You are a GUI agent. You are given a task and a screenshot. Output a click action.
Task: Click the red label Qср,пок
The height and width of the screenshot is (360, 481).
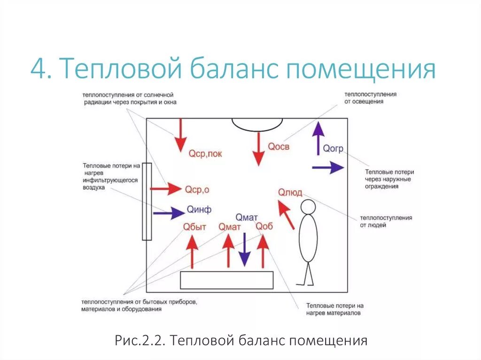pyautogui.click(x=205, y=153)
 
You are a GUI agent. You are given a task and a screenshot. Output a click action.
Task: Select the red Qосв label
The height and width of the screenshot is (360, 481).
pyautogui.click(x=279, y=147)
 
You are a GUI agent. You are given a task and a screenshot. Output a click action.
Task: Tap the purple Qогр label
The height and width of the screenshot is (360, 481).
pyautogui.click(x=333, y=149)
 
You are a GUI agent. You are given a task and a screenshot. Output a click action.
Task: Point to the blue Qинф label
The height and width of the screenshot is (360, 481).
pyautogui.click(x=199, y=209)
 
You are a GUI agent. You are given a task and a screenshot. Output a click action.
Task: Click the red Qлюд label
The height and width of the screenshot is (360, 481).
pyautogui.click(x=290, y=192)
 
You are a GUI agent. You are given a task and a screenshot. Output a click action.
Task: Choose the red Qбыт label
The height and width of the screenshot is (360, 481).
pyautogui.click(x=194, y=227)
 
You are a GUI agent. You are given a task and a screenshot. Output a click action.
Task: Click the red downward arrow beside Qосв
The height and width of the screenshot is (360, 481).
pyautogui.click(x=258, y=148)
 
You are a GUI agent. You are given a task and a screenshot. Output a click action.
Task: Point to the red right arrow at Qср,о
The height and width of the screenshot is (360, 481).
pyautogui.click(x=165, y=189)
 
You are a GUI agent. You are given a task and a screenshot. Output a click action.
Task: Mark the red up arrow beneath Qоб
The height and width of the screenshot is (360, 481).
pyautogui.click(x=263, y=251)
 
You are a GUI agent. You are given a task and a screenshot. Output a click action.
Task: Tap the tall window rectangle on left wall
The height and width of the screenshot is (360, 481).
pyautogui.click(x=147, y=201)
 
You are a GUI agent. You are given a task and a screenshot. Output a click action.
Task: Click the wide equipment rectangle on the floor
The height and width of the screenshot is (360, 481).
pyautogui.click(x=227, y=280)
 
